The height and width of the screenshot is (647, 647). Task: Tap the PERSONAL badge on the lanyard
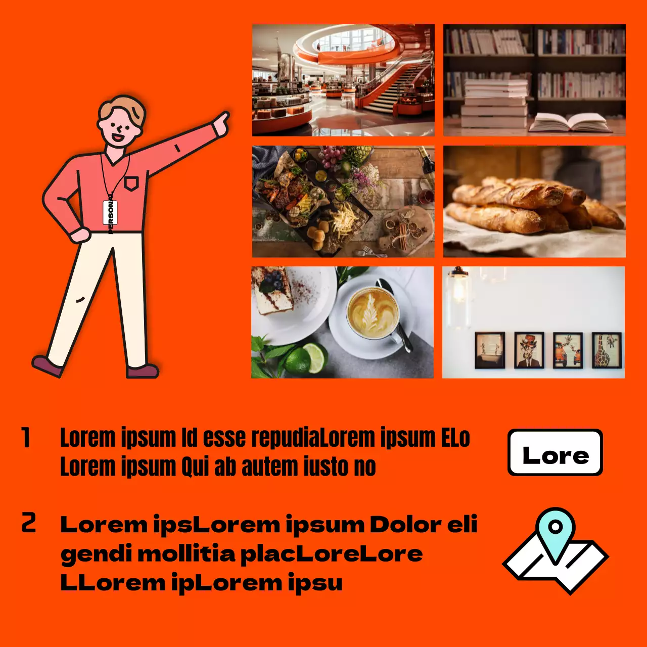coord(110,213)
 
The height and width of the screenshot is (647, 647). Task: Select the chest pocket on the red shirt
coord(131,182)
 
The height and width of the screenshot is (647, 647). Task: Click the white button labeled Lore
coord(555,452)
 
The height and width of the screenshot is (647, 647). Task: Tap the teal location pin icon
coord(555,531)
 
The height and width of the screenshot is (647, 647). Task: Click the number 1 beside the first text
coord(26,438)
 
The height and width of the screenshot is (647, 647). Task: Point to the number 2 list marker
coord(28,523)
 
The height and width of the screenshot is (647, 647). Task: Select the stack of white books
coord(495,104)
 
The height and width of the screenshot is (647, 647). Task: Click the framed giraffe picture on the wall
coord(607,350)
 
